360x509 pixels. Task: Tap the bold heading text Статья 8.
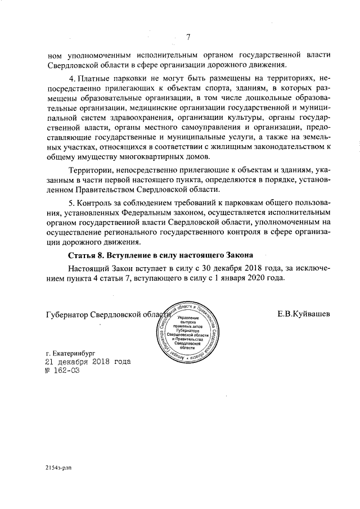(87, 255)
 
